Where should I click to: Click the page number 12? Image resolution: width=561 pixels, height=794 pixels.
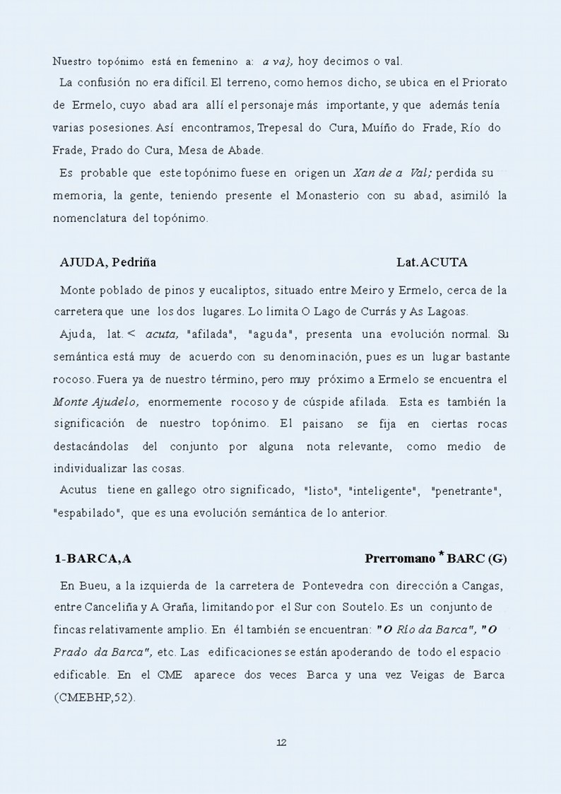pos(280,742)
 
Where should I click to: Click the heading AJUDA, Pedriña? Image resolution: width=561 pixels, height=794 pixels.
pos(108,262)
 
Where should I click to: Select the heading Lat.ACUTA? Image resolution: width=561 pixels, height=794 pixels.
pos(432,262)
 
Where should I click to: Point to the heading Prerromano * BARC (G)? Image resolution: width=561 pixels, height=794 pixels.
pos(435,559)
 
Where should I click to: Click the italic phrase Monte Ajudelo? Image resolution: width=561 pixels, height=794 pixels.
pos(95,402)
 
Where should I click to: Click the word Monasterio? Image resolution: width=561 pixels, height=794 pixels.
pos(329,196)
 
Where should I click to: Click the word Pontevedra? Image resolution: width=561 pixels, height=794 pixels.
pos(329,586)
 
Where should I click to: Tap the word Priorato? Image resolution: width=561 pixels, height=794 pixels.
pos(483,83)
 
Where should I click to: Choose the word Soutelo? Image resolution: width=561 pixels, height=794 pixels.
pos(358,607)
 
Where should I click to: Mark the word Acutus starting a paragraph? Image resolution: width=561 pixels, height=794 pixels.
pos(78,491)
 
